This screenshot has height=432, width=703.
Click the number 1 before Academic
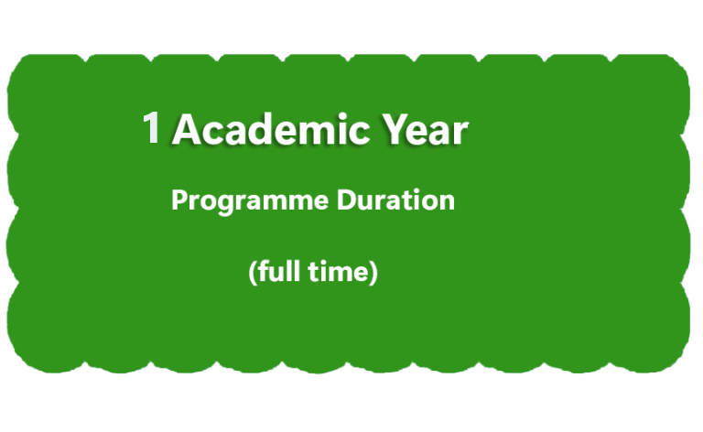[x=152, y=128]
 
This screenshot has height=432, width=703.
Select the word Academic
[x=271, y=129]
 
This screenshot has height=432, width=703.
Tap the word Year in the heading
[x=426, y=129]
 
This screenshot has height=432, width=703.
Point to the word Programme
[x=250, y=201]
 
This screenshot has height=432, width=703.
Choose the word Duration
[x=395, y=200]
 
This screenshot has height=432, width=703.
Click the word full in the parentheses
[x=279, y=271]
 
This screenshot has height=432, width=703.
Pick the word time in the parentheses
[x=338, y=272]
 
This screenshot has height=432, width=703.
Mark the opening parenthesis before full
[x=253, y=272]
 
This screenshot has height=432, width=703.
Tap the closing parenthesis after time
[x=373, y=272]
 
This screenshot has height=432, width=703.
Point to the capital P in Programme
[x=179, y=200]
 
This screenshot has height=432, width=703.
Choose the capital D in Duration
[x=347, y=200]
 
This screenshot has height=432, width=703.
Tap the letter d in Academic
[x=268, y=129]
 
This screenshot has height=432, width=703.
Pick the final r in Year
[x=461, y=133]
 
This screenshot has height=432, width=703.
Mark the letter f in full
[x=264, y=271]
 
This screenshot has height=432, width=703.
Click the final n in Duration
[x=446, y=202]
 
